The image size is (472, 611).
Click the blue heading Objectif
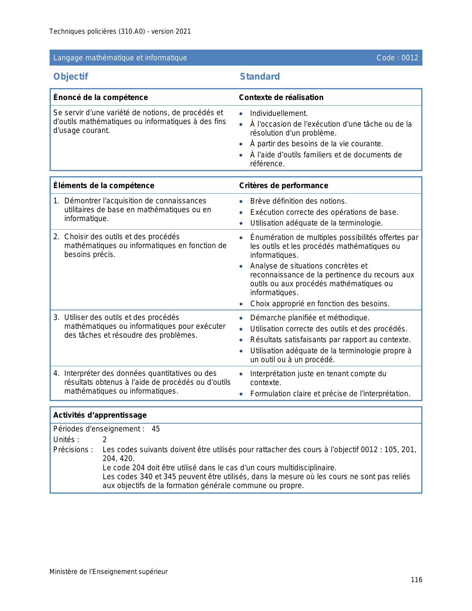point(71,77)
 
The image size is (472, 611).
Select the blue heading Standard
point(260,77)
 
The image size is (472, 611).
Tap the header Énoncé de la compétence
point(101,97)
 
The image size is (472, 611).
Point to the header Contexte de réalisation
point(281,97)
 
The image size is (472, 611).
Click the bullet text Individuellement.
point(279,114)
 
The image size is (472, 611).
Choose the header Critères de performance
point(284,186)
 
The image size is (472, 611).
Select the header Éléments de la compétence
point(104,186)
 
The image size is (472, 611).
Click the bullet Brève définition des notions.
point(298,201)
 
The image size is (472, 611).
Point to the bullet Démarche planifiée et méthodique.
point(310,318)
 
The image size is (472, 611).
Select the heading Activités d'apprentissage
point(100,415)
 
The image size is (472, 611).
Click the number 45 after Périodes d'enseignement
point(156,429)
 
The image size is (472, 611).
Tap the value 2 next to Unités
point(105,440)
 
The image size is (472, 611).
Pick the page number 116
point(416,580)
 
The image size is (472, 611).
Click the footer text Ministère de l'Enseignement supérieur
point(108,572)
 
